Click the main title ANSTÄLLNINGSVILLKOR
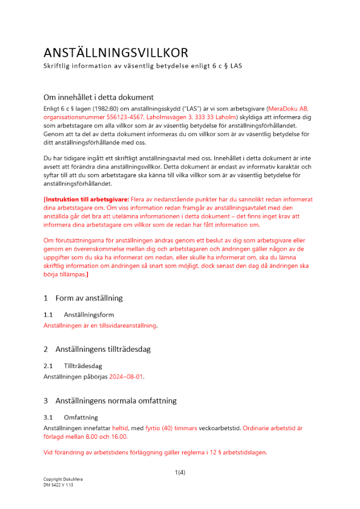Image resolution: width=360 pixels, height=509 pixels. pyautogui.click(x=116, y=52)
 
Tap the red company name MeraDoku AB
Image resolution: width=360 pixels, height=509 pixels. pyautogui.click(x=288, y=108)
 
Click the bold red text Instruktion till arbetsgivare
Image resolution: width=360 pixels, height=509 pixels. pyautogui.click(x=87, y=200)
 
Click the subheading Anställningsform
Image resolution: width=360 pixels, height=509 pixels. pyautogui.click(x=89, y=315)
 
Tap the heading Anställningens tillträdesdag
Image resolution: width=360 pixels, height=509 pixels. pyautogui.click(x=103, y=349)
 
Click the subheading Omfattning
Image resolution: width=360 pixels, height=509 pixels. pyautogui.click(x=80, y=417)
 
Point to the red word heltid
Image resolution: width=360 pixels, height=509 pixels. pyautogui.click(x=120, y=428)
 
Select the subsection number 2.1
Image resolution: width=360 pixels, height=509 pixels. pyautogui.click(x=48, y=366)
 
